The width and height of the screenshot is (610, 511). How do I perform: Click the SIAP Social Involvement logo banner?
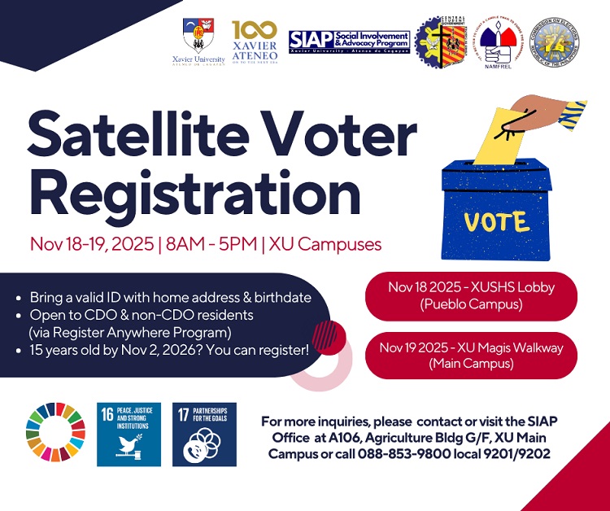347,41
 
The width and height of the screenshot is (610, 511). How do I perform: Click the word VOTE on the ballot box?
495,221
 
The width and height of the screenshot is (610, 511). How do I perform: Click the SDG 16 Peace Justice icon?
129,434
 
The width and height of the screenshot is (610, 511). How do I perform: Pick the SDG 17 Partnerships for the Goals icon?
204,434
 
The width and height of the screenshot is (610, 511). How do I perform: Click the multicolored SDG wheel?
55,434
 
